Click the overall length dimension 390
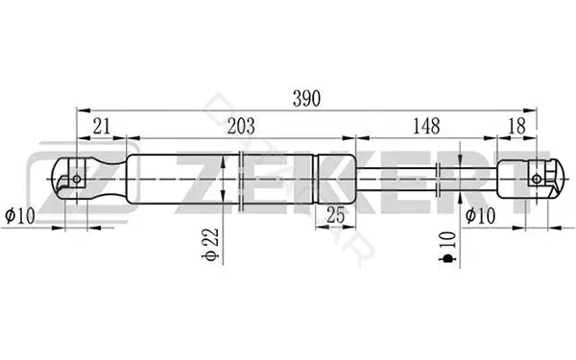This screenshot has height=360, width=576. coord(307,99)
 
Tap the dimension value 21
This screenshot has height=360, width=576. coord(102,127)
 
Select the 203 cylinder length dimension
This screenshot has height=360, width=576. coord(241,127)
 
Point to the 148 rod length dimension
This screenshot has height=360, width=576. coord(426,127)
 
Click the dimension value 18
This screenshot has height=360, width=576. coord(517,127)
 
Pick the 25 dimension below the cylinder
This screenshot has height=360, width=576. coord(336,215)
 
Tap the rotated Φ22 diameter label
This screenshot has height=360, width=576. coord(211,244)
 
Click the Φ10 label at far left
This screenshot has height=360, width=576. coord(20,215)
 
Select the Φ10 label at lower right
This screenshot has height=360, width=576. coord(480,215)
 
